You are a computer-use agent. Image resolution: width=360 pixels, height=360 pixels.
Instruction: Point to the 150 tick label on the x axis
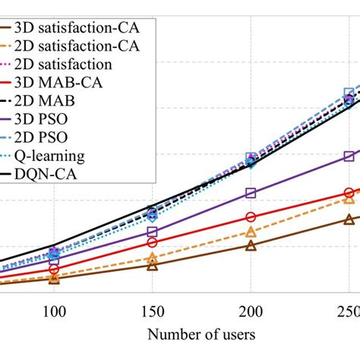coord(152,311)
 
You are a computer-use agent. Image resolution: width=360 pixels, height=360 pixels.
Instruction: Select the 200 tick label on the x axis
coord(251,311)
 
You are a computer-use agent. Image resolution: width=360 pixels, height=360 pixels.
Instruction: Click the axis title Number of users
coord(201,333)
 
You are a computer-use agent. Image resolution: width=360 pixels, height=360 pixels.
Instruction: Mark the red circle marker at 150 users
coord(152,243)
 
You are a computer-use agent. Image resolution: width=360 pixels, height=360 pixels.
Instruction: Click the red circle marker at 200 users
coord(251,217)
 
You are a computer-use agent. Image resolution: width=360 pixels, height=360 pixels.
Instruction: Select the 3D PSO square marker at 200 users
coord(251,194)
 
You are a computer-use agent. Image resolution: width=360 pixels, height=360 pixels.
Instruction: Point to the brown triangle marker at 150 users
coord(152,265)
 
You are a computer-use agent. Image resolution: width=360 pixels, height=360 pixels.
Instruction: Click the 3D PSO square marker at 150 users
coord(152,232)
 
